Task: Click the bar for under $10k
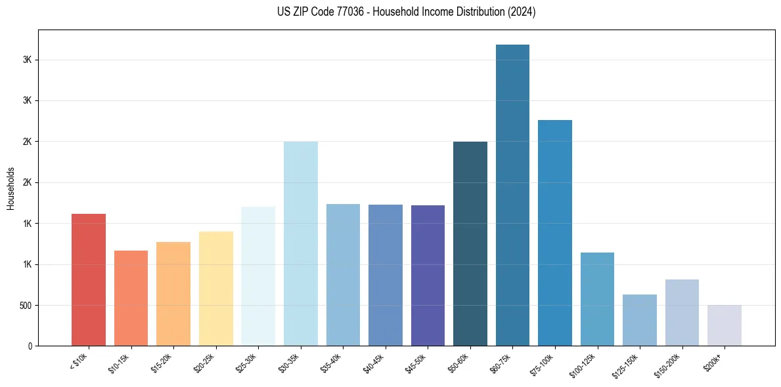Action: (89, 280)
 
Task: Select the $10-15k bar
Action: (131, 298)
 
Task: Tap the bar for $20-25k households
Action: (215, 289)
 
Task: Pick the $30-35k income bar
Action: (300, 244)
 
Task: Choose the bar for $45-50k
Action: (428, 275)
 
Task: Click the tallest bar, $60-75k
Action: (512, 195)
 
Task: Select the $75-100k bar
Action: (554, 233)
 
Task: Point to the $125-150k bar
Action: (639, 320)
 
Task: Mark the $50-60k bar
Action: (470, 244)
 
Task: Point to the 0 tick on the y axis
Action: (30, 346)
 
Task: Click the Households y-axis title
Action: (11, 188)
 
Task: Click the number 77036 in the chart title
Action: (340, 12)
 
